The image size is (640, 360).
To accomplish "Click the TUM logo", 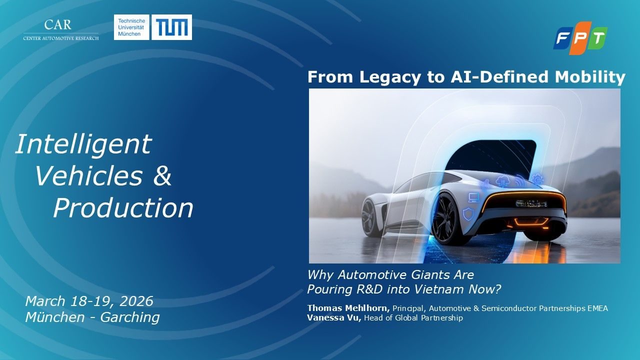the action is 171,27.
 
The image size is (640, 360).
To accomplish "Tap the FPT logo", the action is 580,38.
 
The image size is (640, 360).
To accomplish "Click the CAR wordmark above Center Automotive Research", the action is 57,25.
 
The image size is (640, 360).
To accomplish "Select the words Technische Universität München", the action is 131,27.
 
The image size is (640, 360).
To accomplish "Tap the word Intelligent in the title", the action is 83,144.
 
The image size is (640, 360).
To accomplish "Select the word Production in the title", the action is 123,207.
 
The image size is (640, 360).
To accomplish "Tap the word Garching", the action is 130,317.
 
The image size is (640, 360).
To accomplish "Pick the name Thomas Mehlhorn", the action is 348,308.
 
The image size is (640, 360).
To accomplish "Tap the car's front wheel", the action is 371,217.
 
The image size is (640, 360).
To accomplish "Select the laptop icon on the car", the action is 473,197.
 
